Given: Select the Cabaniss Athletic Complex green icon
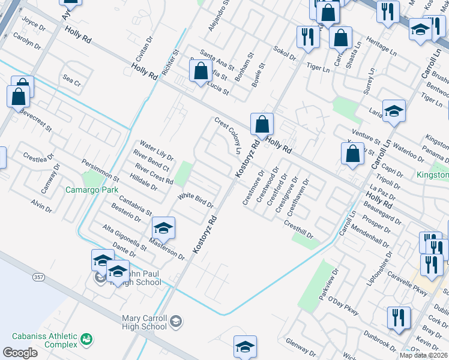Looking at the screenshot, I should pos(88,340).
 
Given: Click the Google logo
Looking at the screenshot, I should pos(20,353).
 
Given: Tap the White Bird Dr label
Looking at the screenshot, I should pos(195,200).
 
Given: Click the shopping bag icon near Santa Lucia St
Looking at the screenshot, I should pos(199,72).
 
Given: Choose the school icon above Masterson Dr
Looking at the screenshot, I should pos(163,228).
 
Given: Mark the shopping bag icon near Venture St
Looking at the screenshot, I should pos(353,154).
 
